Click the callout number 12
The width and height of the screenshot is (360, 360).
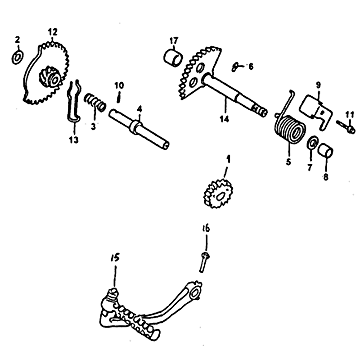[x=53, y=32]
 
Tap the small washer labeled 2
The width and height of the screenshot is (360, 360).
[x=18, y=57]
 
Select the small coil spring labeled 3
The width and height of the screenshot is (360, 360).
[x=95, y=102]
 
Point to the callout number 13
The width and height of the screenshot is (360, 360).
[x=74, y=139]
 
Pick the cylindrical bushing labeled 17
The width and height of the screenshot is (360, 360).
[x=174, y=58]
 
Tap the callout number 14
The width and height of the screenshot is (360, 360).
[x=224, y=119]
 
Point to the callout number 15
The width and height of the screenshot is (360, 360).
[x=115, y=258]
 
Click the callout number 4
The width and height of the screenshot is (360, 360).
[x=139, y=109]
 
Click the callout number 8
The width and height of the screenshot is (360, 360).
[x=325, y=177]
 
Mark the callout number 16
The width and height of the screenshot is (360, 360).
[x=206, y=229]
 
